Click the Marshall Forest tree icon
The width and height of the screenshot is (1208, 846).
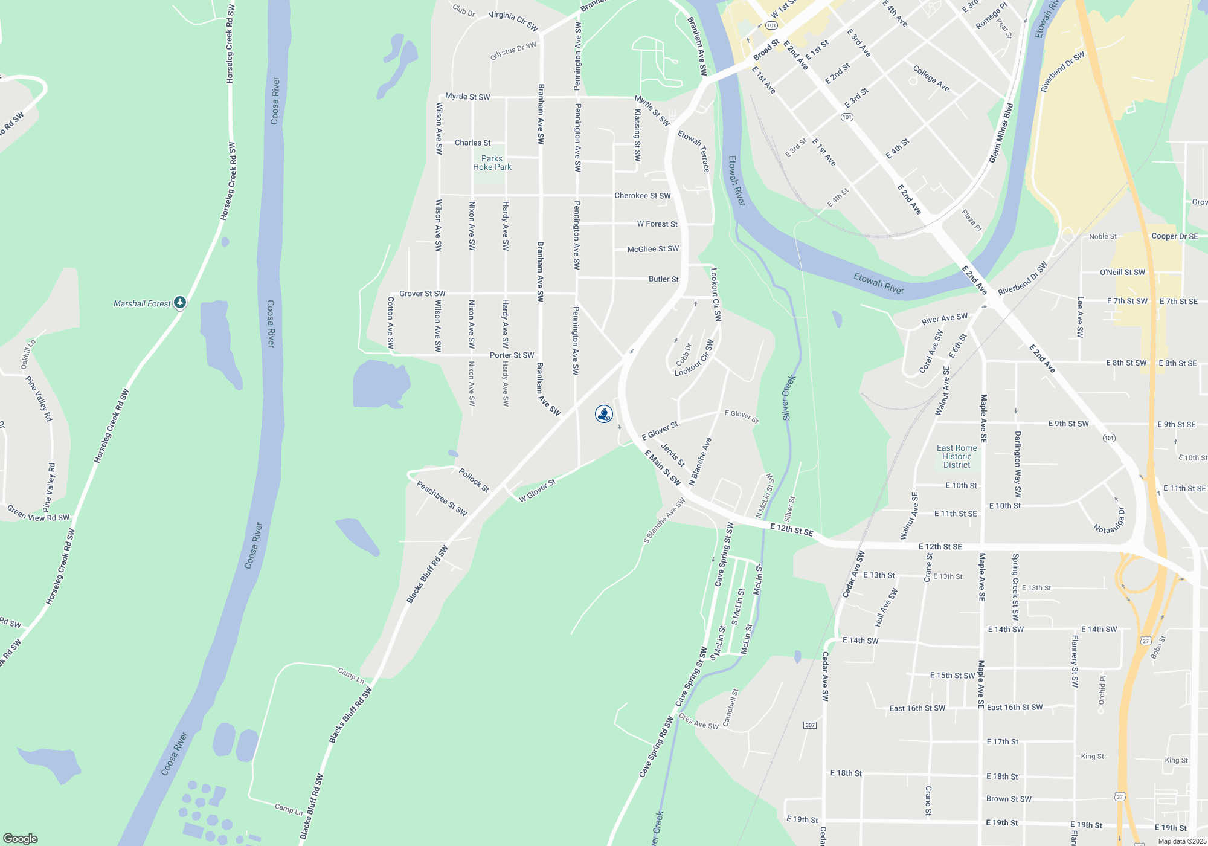(179, 302)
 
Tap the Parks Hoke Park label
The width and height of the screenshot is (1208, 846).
(492, 163)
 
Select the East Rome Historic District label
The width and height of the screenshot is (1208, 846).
(957, 456)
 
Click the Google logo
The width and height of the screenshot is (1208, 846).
(21, 838)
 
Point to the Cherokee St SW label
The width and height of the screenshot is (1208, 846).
(642, 196)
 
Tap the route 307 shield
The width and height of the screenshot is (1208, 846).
(810, 725)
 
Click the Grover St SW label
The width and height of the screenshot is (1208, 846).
(422, 294)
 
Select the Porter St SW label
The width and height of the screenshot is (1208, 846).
(512, 355)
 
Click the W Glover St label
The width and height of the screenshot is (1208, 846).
(537, 491)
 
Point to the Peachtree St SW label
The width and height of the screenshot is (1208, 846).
(442, 498)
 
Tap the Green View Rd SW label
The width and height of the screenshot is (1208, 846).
(38, 514)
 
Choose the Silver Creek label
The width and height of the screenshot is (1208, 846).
(789, 398)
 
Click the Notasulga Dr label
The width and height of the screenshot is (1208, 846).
(1110, 521)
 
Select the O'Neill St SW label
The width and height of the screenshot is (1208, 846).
(1122, 273)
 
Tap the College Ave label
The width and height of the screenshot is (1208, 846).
(931, 79)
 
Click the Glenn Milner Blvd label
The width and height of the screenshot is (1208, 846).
(1001, 133)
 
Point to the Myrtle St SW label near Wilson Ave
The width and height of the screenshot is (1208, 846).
(467, 97)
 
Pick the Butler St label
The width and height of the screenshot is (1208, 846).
(663, 279)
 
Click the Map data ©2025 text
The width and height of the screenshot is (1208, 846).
(1181, 841)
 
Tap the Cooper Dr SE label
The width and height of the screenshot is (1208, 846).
(1174, 236)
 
